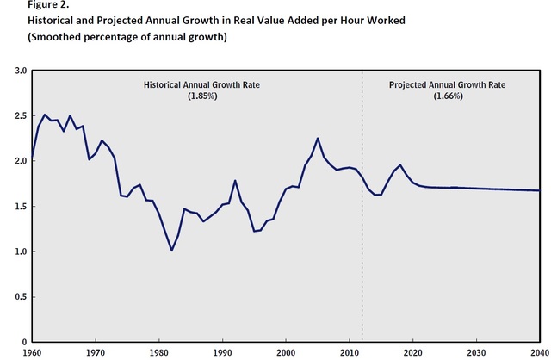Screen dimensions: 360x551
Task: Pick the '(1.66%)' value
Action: pos(449,96)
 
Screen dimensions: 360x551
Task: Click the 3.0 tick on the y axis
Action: pos(21,71)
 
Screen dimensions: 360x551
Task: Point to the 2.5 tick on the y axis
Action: pos(21,115)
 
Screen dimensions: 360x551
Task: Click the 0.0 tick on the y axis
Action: pos(21,342)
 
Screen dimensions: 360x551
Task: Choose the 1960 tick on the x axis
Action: pos(31,353)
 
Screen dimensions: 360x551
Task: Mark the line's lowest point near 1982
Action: pos(172,251)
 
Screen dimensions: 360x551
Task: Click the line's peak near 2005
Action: pos(318,138)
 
